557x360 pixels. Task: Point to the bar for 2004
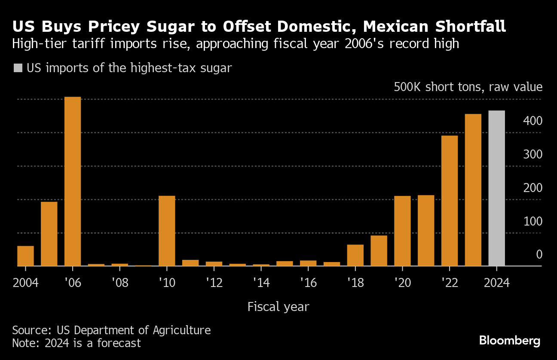25,256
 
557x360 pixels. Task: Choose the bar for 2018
355,255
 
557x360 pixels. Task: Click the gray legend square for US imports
18,68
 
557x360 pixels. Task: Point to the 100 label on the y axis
533,222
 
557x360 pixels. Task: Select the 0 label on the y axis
539,255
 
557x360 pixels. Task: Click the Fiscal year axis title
278,307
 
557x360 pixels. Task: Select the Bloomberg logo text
510,341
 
